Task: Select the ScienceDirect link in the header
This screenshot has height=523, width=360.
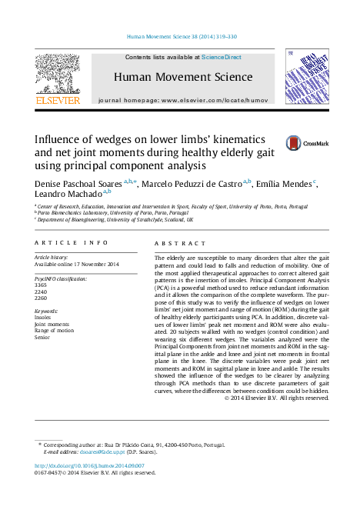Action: pyautogui.click(x=221, y=58)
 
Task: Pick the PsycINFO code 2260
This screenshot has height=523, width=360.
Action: pyautogui.click(x=41, y=298)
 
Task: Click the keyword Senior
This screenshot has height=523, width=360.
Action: pyautogui.click(x=43, y=337)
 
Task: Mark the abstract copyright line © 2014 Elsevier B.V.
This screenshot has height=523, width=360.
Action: pyautogui.click(x=276, y=398)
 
